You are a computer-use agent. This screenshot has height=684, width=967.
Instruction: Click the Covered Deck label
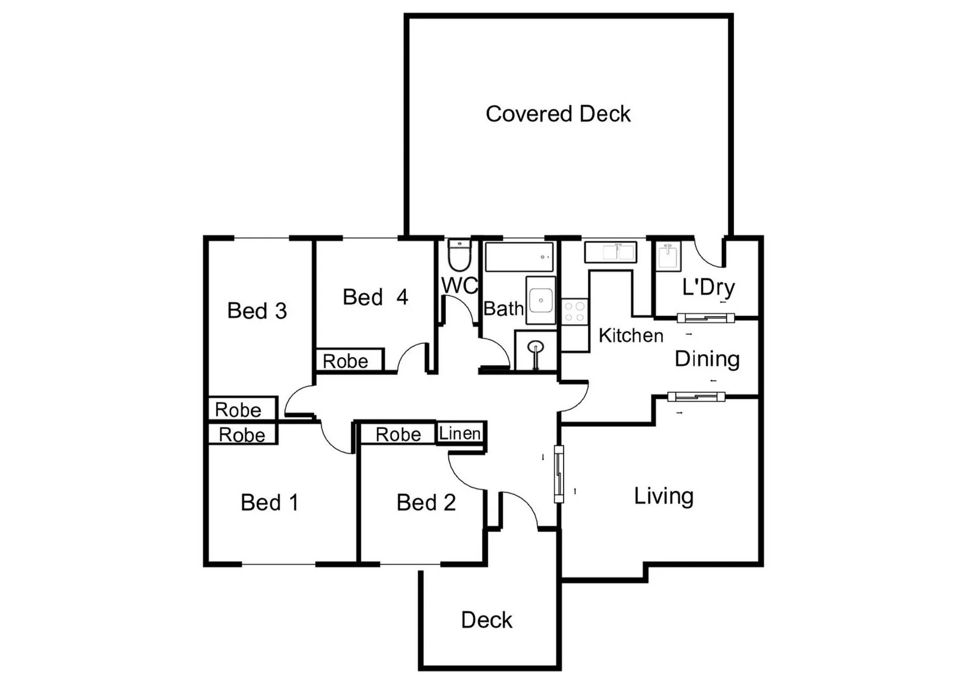click(558, 114)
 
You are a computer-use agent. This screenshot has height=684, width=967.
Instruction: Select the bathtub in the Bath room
click(519, 256)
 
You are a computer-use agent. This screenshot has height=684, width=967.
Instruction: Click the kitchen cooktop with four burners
click(575, 311)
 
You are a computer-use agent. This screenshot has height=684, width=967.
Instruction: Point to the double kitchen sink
click(610, 252)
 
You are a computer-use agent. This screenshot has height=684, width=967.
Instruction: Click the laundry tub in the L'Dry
click(668, 257)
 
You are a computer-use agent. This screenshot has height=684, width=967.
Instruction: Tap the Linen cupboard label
click(460, 434)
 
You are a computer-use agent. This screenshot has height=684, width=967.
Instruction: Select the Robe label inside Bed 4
click(346, 361)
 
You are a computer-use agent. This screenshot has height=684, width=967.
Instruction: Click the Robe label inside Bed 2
click(398, 434)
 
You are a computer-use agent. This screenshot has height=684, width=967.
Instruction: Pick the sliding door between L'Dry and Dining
click(705, 318)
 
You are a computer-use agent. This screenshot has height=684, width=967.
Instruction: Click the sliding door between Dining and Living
click(696, 397)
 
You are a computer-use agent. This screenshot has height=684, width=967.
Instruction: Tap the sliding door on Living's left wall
click(559, 474)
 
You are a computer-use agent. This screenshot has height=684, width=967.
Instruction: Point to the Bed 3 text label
click(257, 310)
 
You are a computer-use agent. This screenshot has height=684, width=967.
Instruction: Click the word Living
click(664, 496)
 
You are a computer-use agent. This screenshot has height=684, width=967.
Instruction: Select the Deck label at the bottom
click(486, 620)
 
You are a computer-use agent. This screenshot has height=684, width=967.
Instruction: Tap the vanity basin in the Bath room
click(541, 300)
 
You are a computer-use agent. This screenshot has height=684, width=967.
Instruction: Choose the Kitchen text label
click(631, 336)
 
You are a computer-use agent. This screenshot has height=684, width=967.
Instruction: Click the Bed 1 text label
click(269, 502)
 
